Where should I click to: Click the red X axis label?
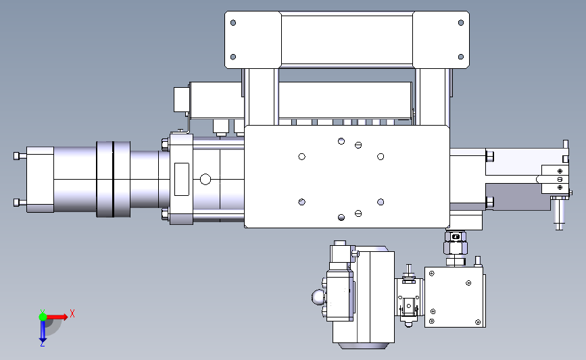coord(72,313)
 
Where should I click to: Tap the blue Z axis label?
coord(42,344)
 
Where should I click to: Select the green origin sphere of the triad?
coord(43,317)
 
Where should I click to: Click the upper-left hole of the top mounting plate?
coord(233,23)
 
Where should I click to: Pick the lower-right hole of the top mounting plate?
coord(461,57)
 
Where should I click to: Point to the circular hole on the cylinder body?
coord(205,179)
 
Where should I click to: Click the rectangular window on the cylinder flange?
coord(182,179)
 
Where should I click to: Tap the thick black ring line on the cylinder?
coord(113,179)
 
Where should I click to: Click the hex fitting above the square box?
coord(456,247)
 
